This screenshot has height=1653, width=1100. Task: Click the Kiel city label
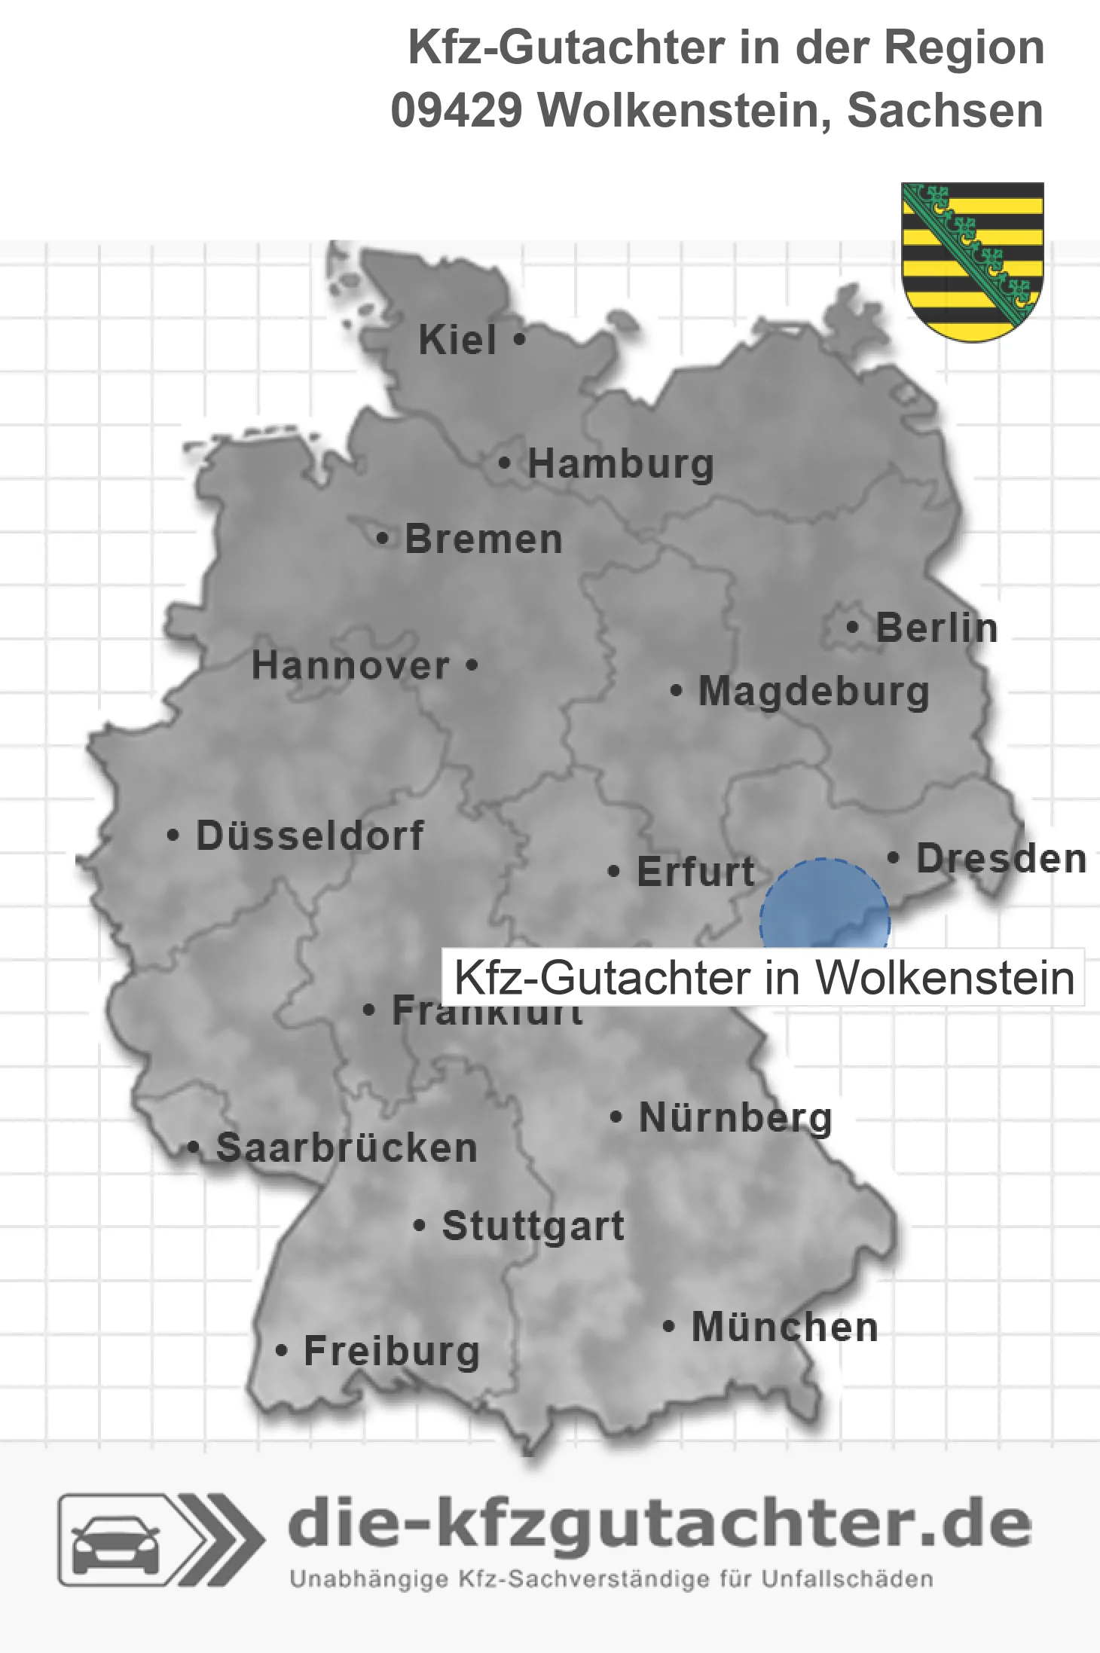[457, 340]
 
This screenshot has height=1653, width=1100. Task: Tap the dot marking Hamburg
[504, 463]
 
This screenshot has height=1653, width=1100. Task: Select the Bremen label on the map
[484, 539]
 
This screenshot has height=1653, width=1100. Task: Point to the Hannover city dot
[472, 665]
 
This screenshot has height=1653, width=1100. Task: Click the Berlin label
[937, 628]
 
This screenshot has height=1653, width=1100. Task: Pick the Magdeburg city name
[814, 691]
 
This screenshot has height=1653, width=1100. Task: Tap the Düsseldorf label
[310, 836]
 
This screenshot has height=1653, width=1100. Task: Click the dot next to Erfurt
[614, 872]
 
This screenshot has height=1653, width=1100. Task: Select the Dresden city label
[1001, 858]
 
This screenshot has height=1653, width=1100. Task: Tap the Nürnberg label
[735, 1117]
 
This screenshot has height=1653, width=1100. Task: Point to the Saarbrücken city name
[347, 1148]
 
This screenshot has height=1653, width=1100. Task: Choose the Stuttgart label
[533, 1226]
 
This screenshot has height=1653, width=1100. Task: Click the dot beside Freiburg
[282, 1351]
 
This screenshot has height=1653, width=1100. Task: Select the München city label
[784, 1327]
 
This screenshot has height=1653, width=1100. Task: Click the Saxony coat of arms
[973, 261]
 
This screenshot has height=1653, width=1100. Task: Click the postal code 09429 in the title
[457, 111]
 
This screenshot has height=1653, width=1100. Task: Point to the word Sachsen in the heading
[945, 111]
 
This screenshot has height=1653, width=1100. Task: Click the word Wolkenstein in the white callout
[945, 978]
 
